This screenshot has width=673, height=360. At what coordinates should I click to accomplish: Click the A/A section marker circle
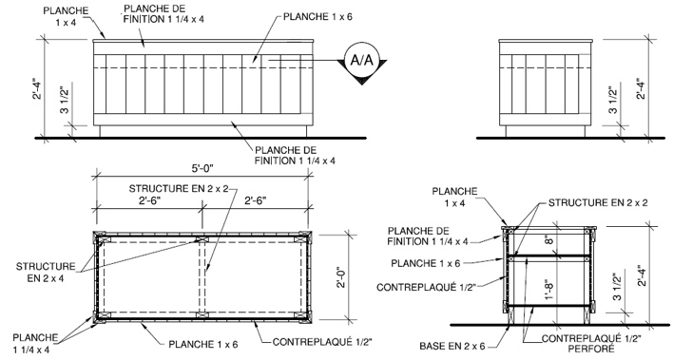point(362,61)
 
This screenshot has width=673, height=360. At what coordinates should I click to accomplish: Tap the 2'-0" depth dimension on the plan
point(341,278)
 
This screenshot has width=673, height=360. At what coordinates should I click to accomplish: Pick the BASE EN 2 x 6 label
point(452,346)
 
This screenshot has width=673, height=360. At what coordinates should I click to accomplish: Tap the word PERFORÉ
point(591,349)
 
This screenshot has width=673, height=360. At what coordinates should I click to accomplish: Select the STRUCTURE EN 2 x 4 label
point(46,272)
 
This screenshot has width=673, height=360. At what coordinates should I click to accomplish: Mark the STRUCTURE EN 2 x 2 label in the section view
point(598,202)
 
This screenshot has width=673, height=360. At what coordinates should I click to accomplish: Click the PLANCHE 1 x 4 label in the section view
point(454,197)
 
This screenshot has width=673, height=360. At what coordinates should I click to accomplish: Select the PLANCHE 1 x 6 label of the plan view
point(203,344)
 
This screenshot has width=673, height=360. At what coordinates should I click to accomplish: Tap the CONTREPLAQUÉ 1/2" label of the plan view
point(322,342)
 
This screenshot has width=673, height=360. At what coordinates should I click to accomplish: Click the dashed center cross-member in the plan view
point(202,277)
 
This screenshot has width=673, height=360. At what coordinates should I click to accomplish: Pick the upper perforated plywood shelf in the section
point(549,256)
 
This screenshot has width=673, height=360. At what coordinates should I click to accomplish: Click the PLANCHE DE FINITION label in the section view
point(428,237)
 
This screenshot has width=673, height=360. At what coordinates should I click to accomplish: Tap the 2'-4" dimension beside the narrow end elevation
point(641,89)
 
